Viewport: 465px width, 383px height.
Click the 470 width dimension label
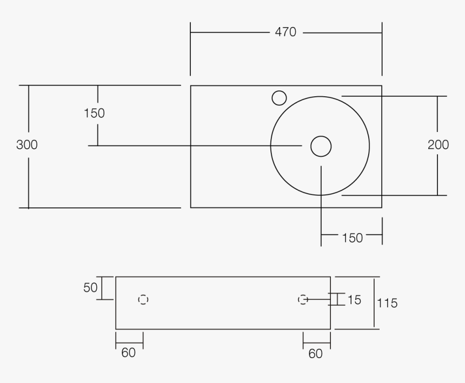point(285,32)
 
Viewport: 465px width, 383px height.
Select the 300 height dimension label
point(26,145)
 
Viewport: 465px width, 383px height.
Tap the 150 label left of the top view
point(94,113)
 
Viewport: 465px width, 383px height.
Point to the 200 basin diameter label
point(438,145)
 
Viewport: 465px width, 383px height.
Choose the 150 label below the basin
point(352,238)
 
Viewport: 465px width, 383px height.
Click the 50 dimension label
point(90,288)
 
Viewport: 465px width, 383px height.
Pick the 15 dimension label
point(354,299)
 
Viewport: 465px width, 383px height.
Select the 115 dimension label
point(387,303)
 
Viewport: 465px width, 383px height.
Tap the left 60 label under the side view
point(128,353)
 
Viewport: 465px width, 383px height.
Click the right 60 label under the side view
point(315,354)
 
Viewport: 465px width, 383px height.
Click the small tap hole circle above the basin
point(279,98)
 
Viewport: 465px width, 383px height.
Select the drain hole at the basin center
point(321,146)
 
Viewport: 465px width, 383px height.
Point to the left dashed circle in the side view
point(143,299)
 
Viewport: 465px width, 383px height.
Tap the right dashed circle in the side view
point(303,299)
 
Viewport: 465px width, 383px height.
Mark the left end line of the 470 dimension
point(190,49)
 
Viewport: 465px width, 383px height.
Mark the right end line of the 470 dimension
point(382,49)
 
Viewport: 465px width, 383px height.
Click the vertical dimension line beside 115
point(374,303)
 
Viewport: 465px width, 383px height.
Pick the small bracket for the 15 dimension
point(337,299)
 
